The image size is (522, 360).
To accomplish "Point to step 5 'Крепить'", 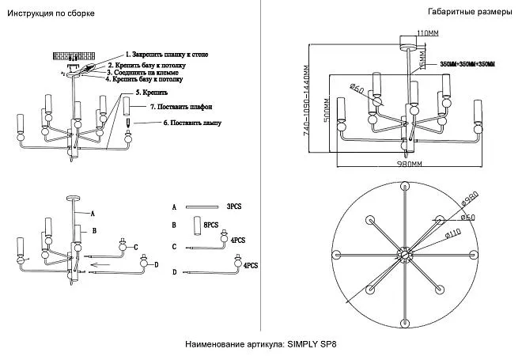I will coord(151,93).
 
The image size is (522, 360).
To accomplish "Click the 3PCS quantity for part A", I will coord(233,205).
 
